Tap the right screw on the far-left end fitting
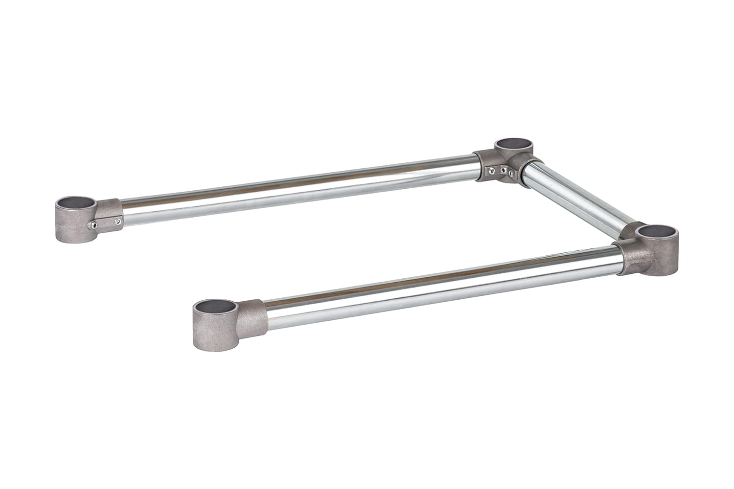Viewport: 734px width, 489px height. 118,222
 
